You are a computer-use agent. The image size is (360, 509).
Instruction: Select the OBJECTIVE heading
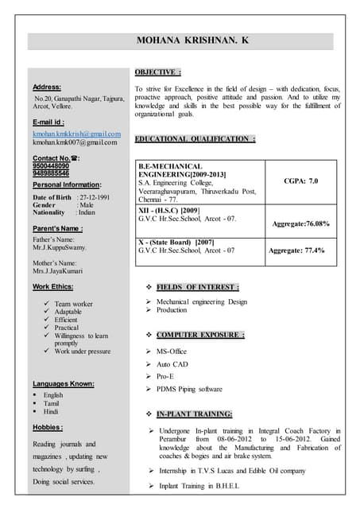coord(158,71)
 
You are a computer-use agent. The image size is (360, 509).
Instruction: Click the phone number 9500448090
coord(51,165)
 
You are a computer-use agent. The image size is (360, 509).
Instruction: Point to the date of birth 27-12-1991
coord(94,196)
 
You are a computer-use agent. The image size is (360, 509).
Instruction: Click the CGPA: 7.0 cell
coord(301,181)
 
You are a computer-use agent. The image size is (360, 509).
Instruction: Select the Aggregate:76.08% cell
coord(301,223)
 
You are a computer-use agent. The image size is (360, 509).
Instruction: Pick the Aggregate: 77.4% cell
coord(296,250)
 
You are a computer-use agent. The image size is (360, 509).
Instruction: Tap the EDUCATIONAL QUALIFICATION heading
coord(195,139)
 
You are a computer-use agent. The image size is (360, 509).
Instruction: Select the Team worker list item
coord(73,304)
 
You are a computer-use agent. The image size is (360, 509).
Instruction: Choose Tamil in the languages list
coord(52,403)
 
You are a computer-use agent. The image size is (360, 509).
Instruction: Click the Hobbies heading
coord(48,427)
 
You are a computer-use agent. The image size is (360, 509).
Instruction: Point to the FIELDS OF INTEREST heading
coord(198,286)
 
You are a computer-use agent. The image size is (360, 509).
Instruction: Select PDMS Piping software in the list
coord(189,389)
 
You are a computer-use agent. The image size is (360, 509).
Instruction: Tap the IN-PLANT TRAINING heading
coord(194,414)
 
